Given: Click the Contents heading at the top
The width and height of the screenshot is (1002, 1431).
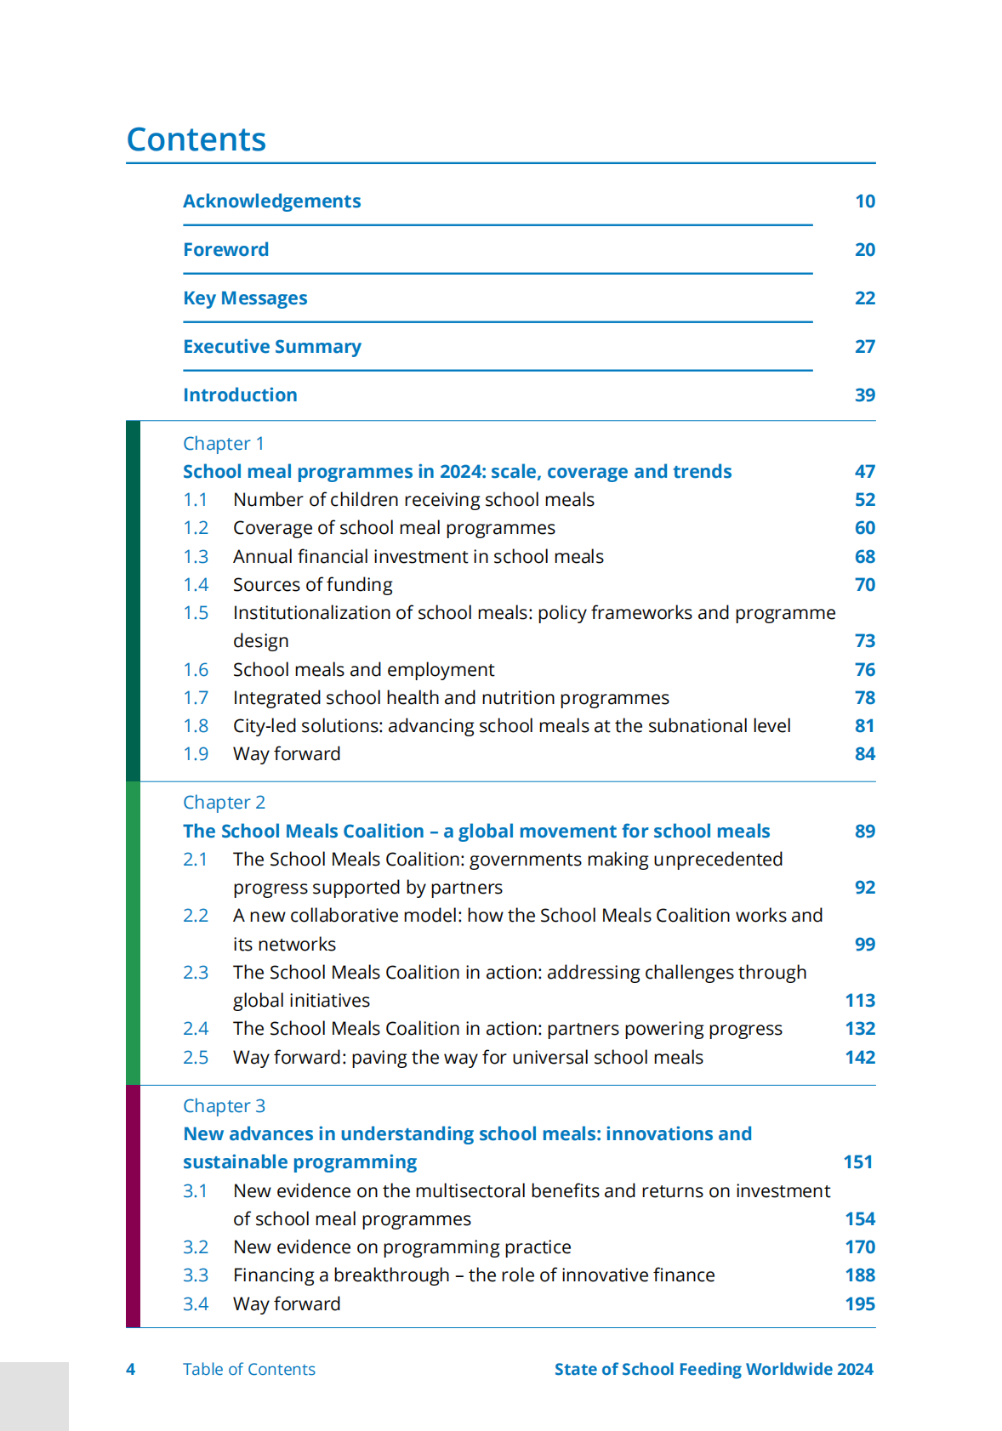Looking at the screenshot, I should [196, 139].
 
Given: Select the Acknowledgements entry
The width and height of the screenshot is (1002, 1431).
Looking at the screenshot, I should [271, 202].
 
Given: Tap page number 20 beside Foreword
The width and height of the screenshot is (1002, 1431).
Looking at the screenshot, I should [864, 250].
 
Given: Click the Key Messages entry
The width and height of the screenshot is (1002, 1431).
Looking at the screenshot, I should [245, 298].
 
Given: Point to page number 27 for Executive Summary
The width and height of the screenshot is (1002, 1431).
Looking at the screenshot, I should [864, 347].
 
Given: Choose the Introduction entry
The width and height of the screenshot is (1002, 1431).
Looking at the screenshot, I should [240, 395].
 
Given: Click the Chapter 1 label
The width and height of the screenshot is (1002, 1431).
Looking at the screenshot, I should [223, 444].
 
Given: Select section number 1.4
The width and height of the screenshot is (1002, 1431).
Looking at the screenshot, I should [196, 585].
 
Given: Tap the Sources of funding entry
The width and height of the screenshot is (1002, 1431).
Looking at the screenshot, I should [312, 585].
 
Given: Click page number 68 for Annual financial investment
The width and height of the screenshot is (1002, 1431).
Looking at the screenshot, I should [864, 557].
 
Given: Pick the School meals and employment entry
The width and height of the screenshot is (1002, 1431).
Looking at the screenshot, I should [363, 670].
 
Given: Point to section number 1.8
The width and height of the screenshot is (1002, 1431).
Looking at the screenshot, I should [196, 726].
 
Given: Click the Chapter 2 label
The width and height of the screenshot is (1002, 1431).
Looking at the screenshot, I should [224, 803].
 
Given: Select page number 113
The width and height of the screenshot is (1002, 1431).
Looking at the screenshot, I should [860, 1001].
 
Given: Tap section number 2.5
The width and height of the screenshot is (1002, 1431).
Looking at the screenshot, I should [196, 1058].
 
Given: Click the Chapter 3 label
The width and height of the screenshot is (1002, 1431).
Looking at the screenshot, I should [224, 1106].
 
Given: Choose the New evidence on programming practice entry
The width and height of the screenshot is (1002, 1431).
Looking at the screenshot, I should [401, 1247].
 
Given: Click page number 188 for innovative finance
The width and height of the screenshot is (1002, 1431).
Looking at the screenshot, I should [860, 1275].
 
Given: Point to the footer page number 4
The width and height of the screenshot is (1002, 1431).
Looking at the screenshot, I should [130, 1370].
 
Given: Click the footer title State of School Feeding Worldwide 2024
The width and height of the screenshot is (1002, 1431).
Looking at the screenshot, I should [714, 1370].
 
